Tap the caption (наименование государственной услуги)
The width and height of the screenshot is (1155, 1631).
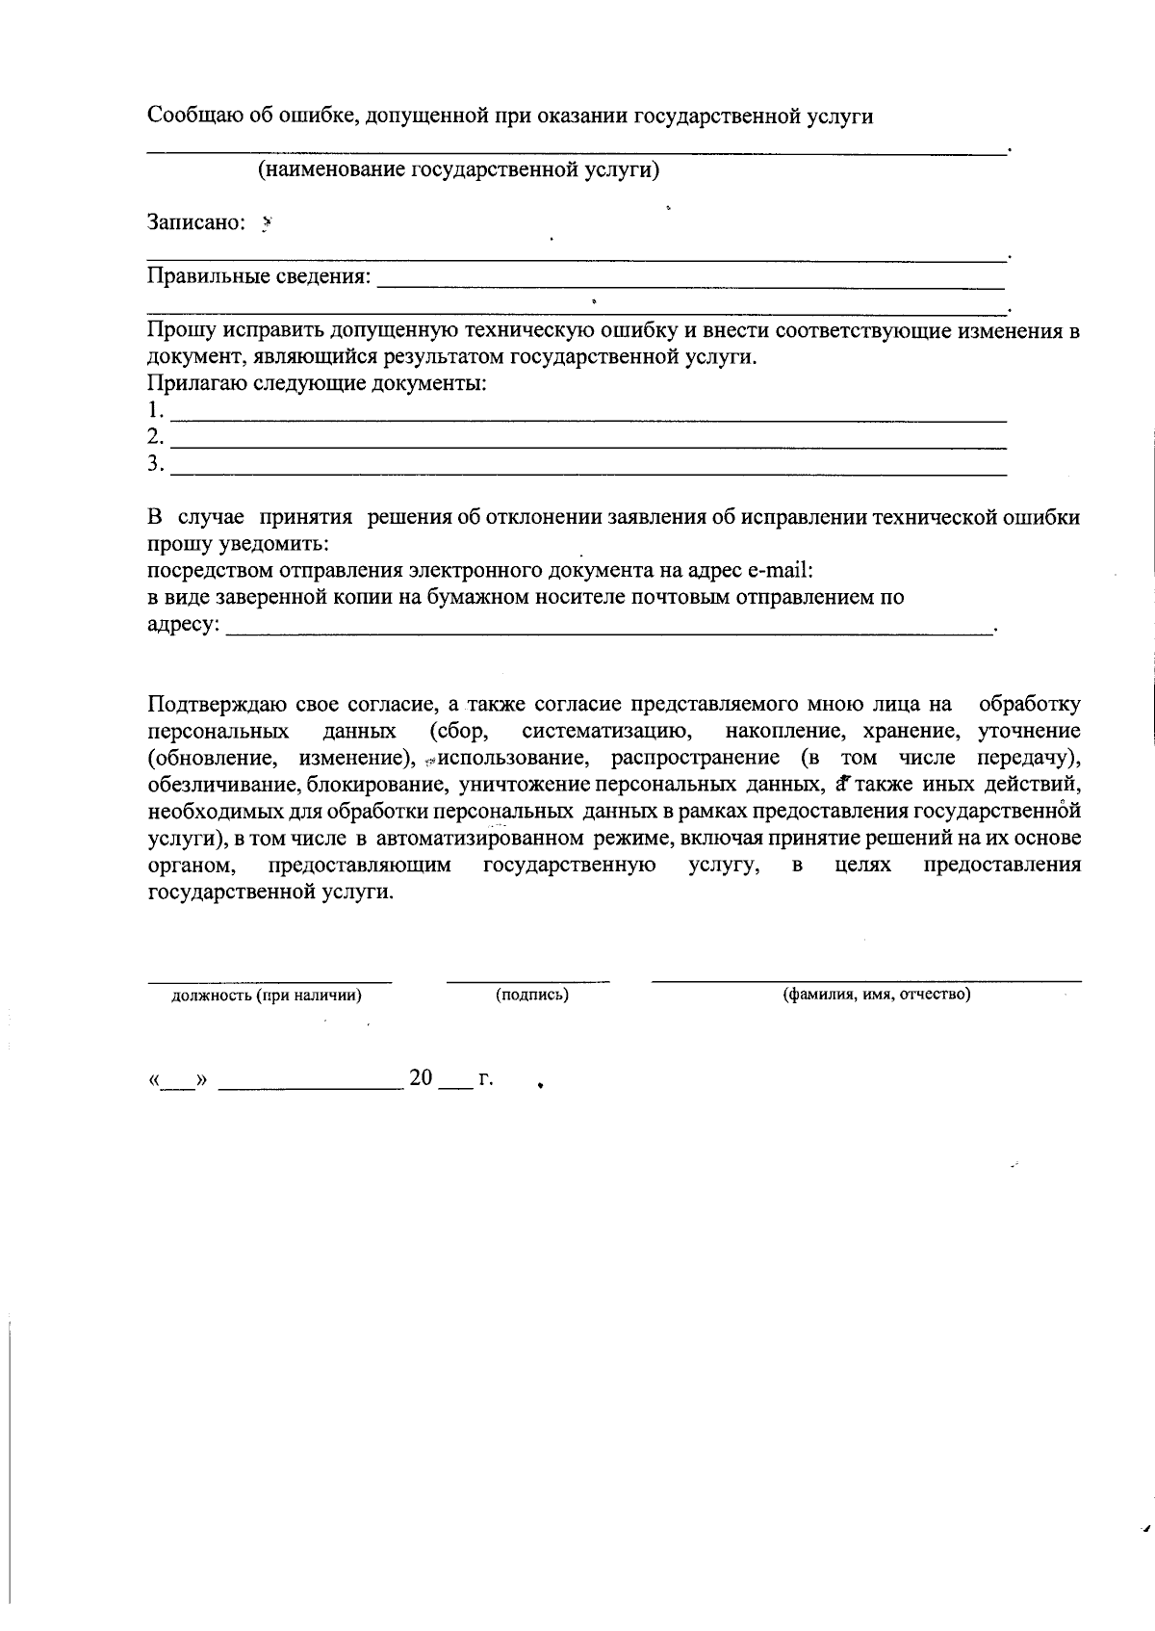pos(458,170)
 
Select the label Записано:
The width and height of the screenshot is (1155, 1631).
pos(196,222)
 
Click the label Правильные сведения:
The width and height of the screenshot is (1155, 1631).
pos(258,277)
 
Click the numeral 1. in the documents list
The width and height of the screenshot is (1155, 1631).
pos(155,411)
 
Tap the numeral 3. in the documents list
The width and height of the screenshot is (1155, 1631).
pos(155,465)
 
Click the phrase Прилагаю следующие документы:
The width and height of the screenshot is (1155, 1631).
pos(317,384)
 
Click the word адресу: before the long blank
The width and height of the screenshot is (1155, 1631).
pos(183,625)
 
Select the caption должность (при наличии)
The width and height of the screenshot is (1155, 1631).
pos(267,996)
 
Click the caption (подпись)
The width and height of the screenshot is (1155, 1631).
pos(531,995)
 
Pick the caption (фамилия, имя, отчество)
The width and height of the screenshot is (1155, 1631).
pos(875,994)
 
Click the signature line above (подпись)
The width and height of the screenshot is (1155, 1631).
pos(527,981)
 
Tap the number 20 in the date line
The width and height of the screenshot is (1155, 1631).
pos(422,1077)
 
